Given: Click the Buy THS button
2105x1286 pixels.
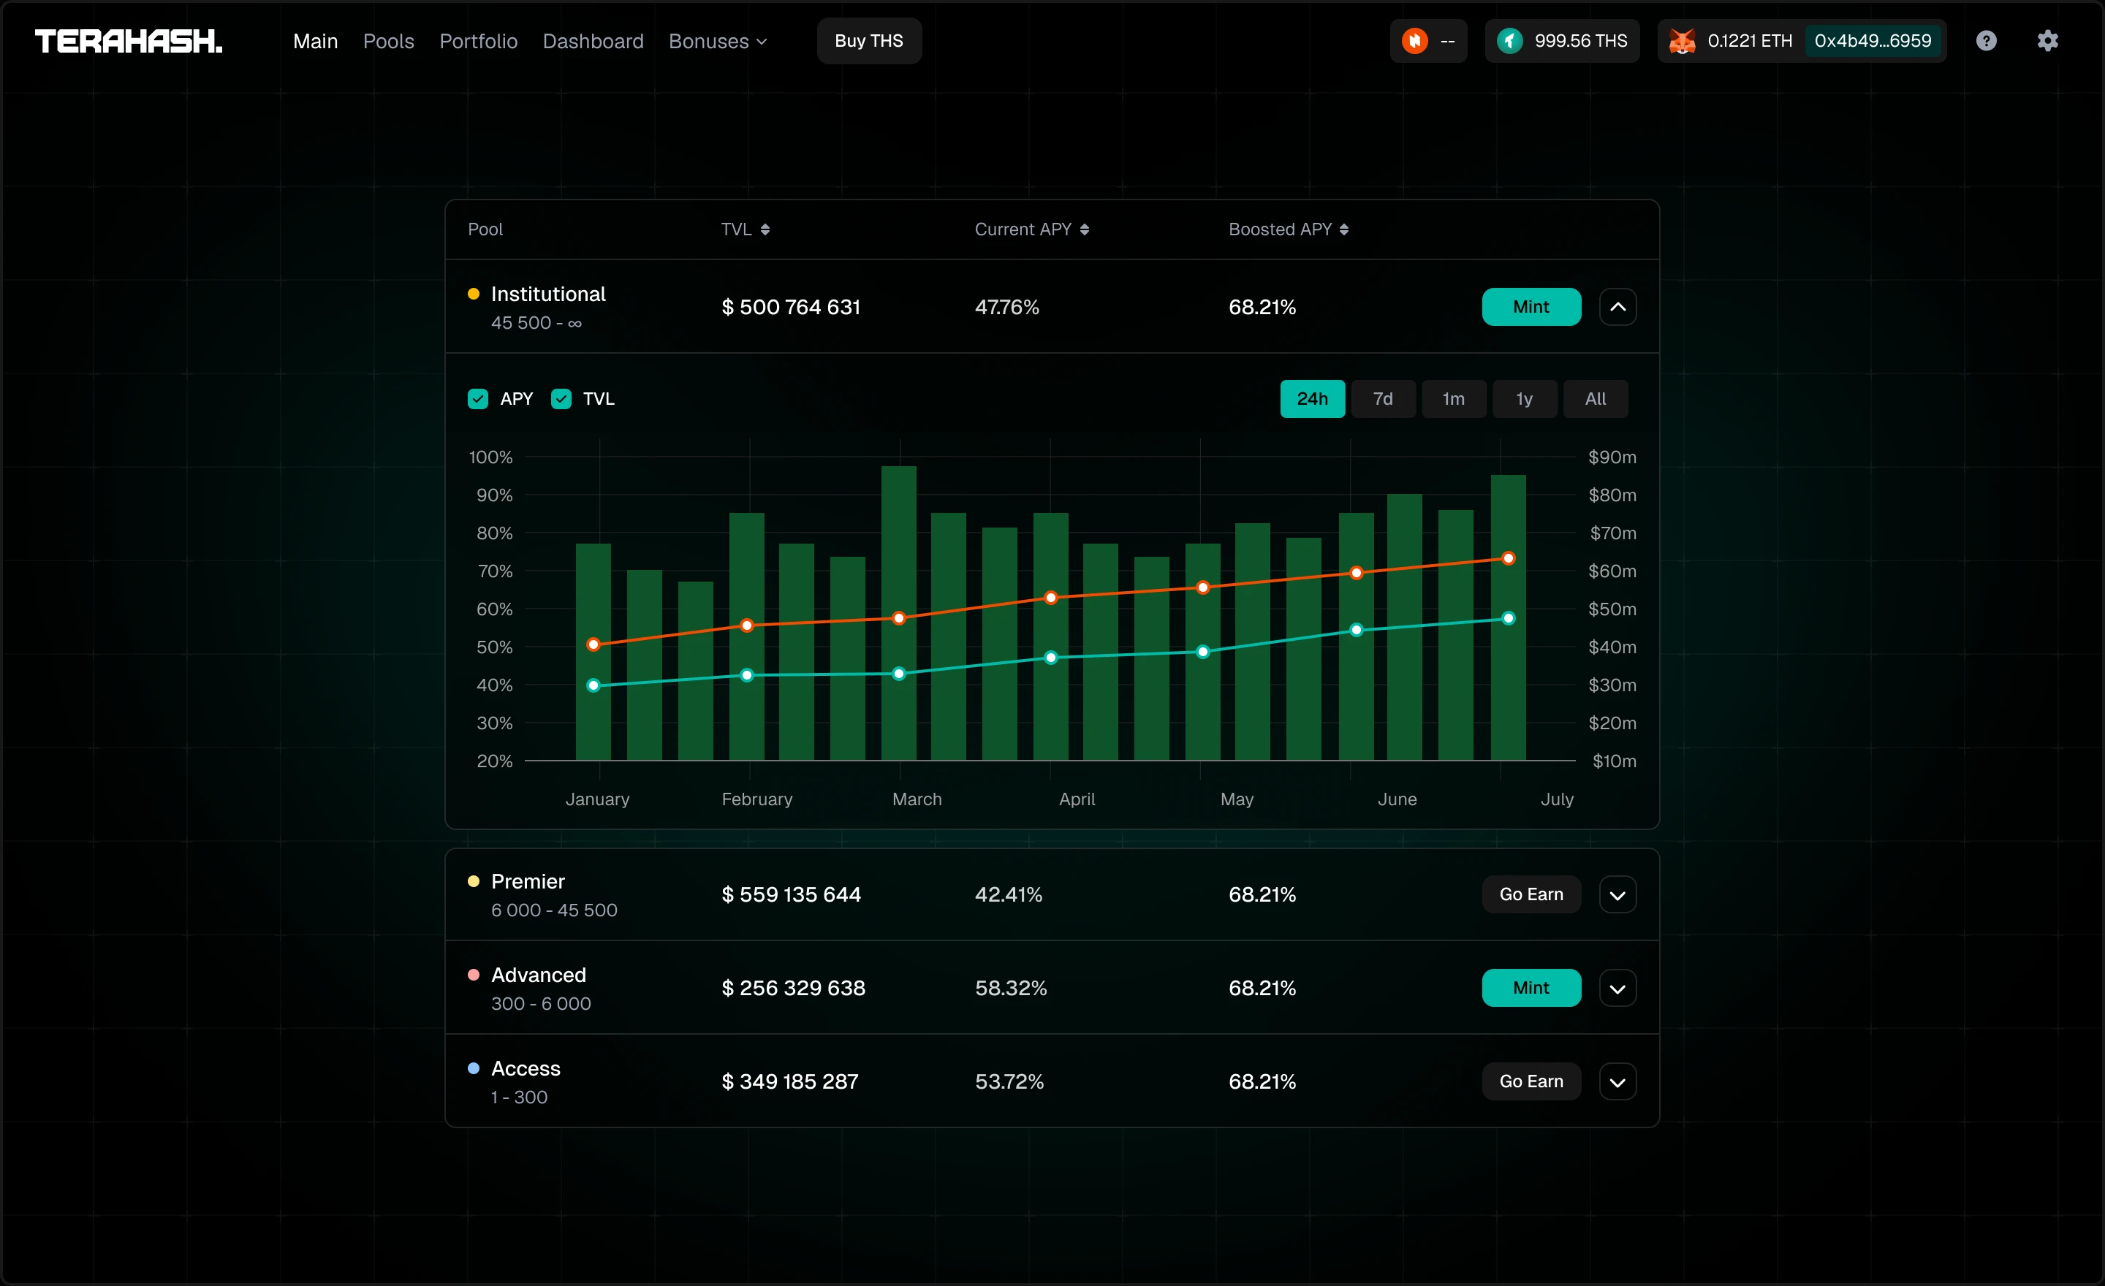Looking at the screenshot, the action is (869, 41).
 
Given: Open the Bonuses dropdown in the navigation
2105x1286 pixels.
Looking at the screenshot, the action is (718, 41).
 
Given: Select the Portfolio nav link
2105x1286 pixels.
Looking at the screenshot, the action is (479, 41).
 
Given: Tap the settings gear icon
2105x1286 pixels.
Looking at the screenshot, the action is (2047, 41).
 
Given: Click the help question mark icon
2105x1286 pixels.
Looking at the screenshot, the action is (1987, 41).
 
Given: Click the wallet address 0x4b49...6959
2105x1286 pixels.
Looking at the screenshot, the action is (1873, 41).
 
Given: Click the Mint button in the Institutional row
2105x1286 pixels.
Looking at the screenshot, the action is (1531, 307).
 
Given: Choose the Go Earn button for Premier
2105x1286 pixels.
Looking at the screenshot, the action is (1531, 894).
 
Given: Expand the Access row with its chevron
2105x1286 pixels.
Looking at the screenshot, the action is (1617, 1082).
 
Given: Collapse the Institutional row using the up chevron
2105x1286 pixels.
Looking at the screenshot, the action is (1617, 307).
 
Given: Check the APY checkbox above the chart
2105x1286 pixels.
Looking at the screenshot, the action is (477, 399).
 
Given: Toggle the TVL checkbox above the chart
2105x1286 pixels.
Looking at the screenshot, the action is (561, 399).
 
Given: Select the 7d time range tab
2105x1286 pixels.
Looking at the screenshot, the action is (1382, 399).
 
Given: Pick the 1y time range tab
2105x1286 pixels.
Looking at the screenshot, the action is (1524, 399).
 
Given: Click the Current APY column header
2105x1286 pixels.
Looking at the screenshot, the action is (1031, 229).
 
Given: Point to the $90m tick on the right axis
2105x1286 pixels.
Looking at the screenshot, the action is (1612, 457).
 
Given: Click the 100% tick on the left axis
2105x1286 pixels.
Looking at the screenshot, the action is (490, 457).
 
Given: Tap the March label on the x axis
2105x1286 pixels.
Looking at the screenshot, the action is (917, 799).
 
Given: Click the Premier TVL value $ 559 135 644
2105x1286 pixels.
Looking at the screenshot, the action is (791, 894).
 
